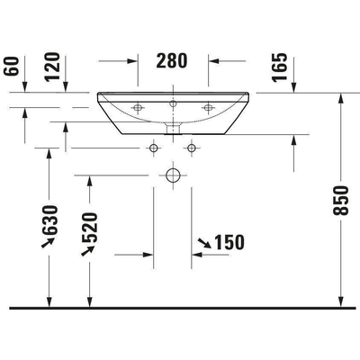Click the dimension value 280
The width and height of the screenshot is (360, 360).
click(173, 61)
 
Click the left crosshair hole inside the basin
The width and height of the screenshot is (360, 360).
click(138, 108)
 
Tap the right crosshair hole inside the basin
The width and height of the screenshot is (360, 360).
click(208, 108)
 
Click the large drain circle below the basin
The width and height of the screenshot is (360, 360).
click(173, 174)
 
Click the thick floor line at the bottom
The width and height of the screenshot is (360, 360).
click(180, 307)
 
